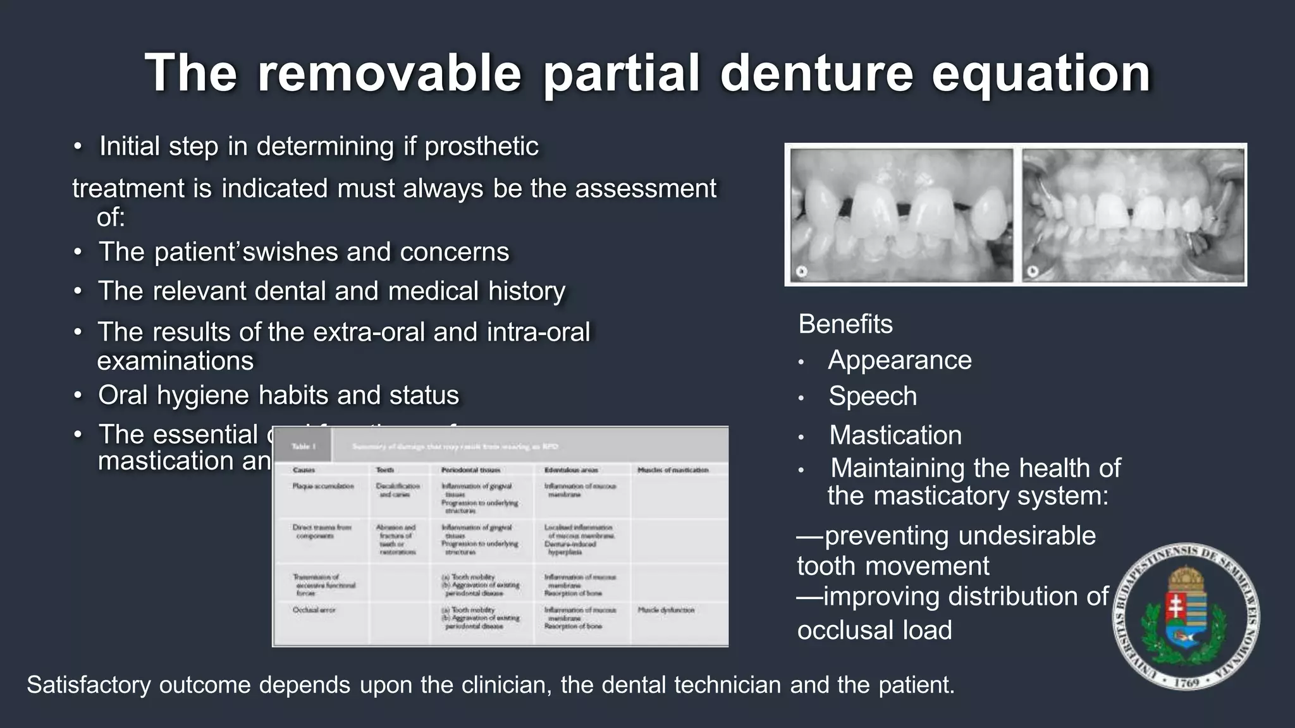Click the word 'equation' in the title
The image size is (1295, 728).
coord(1041,73)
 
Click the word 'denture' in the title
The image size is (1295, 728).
coord(816,73)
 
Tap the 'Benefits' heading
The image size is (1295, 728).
coord(845,324)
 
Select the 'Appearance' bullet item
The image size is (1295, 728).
coord(899,360)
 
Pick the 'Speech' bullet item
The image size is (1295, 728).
coord(872,396)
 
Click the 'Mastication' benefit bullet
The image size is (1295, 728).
coord(895,435)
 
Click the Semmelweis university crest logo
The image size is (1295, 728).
coord(1186,616)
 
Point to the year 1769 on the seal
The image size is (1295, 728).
coord(1187,682)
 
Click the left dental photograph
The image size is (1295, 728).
coord(901,215)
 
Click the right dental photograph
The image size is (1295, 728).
coord(1132,215)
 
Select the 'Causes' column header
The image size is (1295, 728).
coord(304,470)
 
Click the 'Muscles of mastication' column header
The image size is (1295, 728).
coord(673,470)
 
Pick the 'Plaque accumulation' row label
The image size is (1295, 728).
coord(322,486)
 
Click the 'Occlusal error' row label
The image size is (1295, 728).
coord(314,610)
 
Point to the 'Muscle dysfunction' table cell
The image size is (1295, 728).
coord(666,610)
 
